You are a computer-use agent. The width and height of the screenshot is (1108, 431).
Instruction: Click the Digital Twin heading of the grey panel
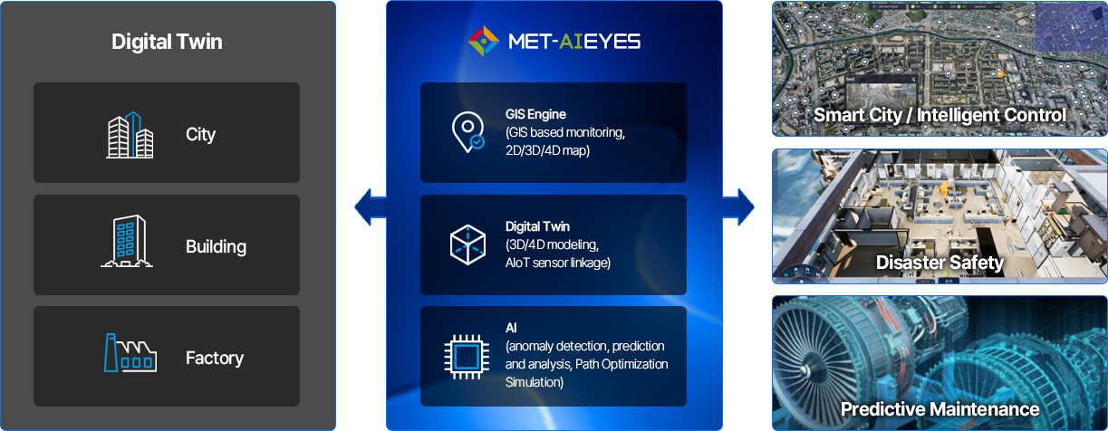[167, 42]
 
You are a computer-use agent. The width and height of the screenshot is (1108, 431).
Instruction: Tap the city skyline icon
[130, 135]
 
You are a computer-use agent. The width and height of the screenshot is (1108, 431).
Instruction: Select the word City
[200, 135]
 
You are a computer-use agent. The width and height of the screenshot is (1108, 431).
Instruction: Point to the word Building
[216, 246]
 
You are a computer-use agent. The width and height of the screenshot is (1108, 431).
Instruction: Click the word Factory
[214, 359]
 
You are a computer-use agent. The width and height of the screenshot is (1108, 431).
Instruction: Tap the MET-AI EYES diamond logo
[484, 41]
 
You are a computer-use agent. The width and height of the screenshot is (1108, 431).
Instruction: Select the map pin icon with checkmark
[467, 131]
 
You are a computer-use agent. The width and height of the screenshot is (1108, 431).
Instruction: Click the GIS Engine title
[535, 115]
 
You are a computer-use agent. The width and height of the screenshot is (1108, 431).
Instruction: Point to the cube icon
[467, 244]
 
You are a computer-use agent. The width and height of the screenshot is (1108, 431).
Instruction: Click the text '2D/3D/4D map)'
[547, 150]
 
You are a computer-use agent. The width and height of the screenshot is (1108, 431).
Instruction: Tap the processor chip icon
[467, 355]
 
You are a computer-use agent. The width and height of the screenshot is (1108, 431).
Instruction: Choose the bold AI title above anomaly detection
[511, 327]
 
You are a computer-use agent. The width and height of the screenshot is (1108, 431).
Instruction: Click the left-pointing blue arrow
[370, 207]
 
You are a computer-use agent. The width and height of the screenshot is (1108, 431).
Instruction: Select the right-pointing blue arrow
[739, 207]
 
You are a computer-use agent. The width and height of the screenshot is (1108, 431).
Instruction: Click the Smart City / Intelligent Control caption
[939, 115]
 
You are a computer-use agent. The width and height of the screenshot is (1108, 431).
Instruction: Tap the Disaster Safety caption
[939, 263]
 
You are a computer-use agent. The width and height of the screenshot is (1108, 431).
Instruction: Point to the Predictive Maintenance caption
[939, 408]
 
